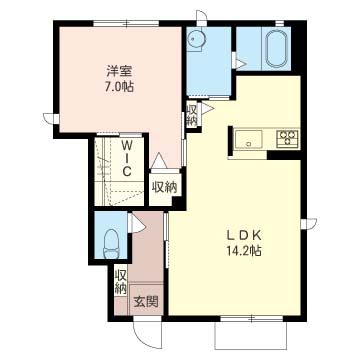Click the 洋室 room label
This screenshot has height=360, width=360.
(x=120, y=71)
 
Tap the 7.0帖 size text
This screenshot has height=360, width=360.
(x=120, y=87)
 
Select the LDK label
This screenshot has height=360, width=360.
(x=243, y=235)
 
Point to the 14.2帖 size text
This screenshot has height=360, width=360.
(x=242, y=250)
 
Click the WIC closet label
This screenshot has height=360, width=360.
(x=126, y=159)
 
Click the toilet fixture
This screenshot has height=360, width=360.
(x=111, y=243)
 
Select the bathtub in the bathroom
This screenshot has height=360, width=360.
(x=276, y=49)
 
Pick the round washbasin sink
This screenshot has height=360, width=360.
(x=197, y=38)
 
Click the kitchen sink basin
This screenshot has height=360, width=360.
(x=248, y=139)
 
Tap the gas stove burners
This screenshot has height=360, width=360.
(x=287, y=138)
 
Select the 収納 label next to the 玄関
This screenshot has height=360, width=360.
(x=121, y=282)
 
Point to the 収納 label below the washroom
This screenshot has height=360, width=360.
(x=192, y=115)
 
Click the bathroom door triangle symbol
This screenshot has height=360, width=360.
(x=240, y=63)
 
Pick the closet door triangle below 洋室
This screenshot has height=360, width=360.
(x=159, y=160)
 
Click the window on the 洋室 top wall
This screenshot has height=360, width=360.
(x=126, y=23)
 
